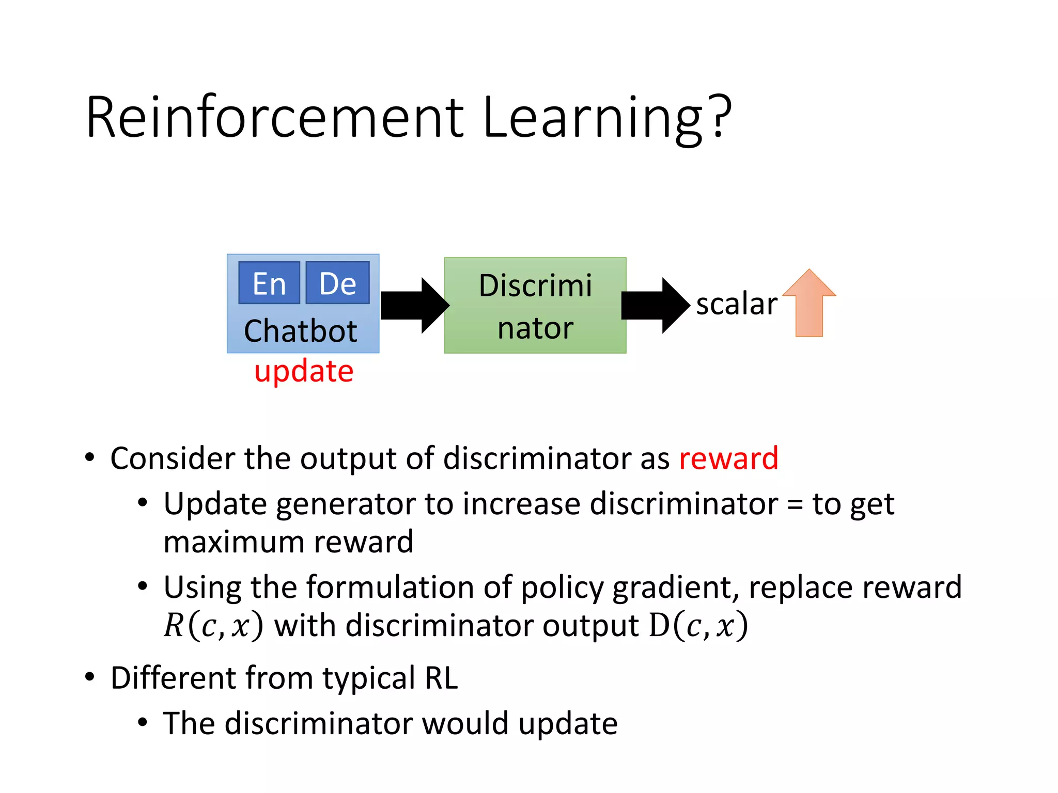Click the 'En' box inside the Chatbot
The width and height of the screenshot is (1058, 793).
tap(269, 283)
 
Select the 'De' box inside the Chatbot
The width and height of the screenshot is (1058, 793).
tap(337, 283)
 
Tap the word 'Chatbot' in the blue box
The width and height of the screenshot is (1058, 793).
tap(301, 331)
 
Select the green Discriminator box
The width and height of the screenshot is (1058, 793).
tap(535, 306)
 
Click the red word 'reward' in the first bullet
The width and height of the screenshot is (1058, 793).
tap(728, 458)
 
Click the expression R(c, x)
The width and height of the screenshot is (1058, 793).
tap(213, 626)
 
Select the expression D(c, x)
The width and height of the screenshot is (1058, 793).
tap(698, 626)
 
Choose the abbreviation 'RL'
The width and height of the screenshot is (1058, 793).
tap(441, 678)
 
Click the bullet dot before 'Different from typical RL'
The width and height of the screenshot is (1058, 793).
tap(90, 677)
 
